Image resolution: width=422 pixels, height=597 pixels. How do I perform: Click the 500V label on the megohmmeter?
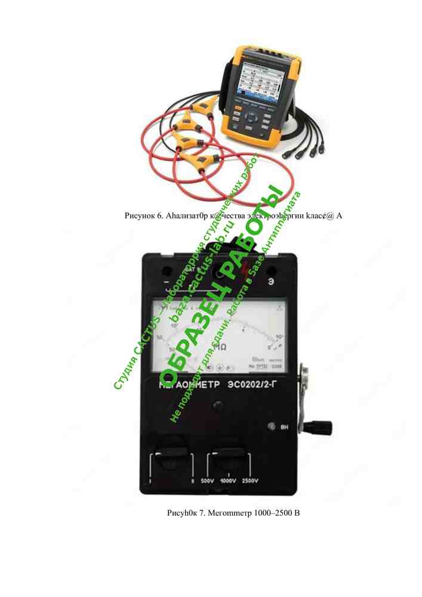(207, 481)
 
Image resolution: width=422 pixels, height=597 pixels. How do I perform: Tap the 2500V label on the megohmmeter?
(255, 481)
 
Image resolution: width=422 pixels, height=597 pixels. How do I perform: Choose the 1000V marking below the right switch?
(230, 481)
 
